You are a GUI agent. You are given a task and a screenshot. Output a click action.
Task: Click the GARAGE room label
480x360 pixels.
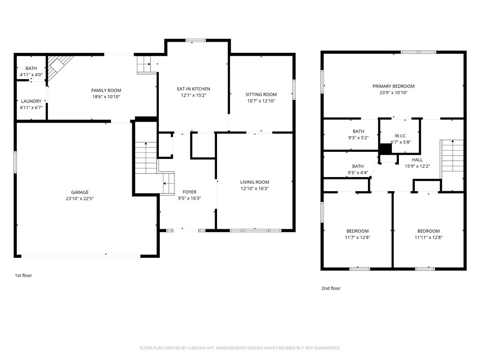point(80,192)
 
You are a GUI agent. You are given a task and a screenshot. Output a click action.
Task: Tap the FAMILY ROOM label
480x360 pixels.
point(106,90)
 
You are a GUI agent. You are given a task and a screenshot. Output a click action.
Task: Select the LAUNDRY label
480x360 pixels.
point(31,101)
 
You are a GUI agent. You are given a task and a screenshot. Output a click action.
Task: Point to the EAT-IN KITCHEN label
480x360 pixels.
point(194,89)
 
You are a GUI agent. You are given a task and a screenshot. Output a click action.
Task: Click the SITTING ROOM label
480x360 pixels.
point(261,95)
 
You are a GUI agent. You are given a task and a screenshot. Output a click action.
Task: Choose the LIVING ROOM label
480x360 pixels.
point(255,182)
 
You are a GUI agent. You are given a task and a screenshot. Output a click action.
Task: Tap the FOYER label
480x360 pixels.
point(189,192)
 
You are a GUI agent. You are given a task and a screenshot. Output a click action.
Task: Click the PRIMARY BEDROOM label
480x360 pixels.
point(393,86)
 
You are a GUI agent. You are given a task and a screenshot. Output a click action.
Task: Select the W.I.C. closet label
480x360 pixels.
point(400,135)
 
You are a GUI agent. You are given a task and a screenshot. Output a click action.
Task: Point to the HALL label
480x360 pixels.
point(417,160)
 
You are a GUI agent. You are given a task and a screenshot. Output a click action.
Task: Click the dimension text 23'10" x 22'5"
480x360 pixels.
point(80,198)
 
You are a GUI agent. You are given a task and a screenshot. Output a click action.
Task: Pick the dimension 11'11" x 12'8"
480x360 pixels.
point(428,237)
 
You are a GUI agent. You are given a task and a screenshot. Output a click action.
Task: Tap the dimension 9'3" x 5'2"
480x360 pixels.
point(358,138)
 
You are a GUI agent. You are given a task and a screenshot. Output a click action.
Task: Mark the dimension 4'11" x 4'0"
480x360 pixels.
point(31,75)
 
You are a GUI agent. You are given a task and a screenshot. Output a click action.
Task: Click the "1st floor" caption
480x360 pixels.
point(23,276)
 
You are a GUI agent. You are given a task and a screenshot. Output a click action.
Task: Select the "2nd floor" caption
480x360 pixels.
point(331,288)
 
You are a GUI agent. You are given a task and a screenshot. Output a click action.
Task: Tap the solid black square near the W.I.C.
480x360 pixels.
point(385,149)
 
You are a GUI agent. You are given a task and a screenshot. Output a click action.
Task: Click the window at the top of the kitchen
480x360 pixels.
point(195,40)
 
